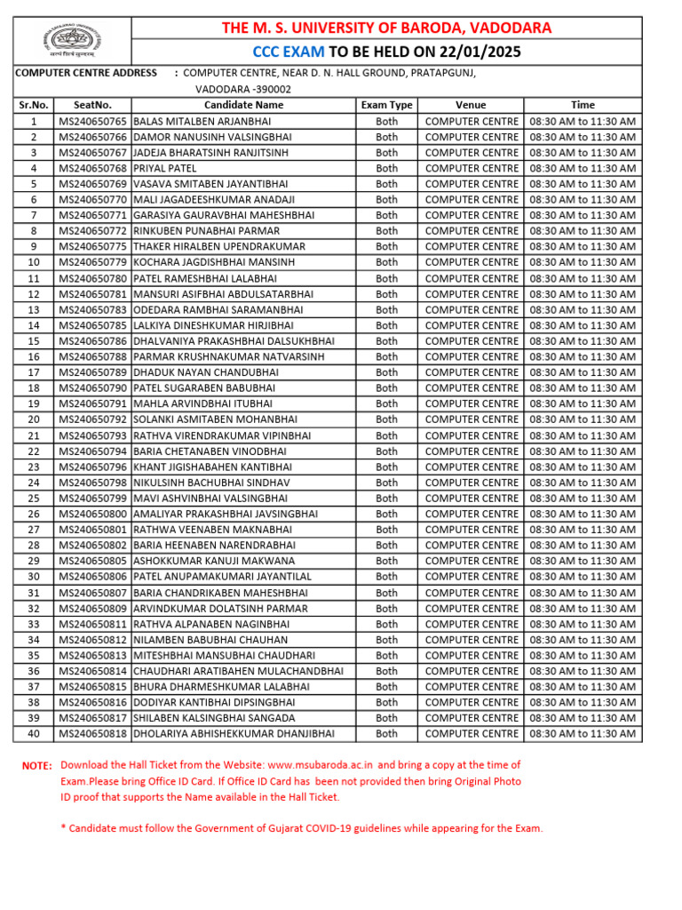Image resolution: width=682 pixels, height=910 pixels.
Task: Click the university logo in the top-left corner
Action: tap(74, 40)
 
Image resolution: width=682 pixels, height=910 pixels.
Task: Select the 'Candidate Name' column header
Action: tap(243, 105)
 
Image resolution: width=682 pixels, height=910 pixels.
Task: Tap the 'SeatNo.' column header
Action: tap(93, 105)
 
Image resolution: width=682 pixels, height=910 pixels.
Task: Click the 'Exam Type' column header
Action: tap(386, 105)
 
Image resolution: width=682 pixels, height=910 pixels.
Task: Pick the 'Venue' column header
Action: tap(471, 105)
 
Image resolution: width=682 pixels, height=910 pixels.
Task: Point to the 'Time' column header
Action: tap(583, 105)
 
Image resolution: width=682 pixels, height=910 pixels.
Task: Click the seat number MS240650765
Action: tap(93, 121)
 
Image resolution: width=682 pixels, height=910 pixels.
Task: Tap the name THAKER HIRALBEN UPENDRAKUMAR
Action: tap(219, 246)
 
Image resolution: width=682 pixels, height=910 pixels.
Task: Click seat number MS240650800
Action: tap(93, 514)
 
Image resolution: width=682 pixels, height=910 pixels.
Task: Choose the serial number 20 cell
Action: tap(34, 419)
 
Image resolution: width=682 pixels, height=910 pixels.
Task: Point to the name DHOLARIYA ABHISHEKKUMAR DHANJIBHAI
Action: tap(234, 734)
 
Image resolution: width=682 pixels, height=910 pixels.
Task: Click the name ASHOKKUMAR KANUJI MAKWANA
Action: tap(214, 561)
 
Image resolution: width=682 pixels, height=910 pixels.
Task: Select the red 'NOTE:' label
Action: tap(37, 766)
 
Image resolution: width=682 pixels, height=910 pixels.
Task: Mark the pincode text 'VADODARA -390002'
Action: tap(242, 89)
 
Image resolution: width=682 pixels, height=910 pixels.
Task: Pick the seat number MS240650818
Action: tap(93, 734)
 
